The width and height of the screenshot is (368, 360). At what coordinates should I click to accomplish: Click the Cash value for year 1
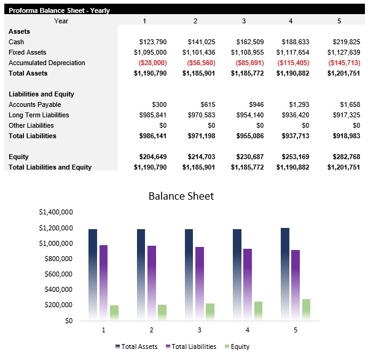click(154, 42)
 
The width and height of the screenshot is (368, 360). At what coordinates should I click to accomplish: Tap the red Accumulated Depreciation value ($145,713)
click(344, 63)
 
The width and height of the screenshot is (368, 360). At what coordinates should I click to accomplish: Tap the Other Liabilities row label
click(31, 125)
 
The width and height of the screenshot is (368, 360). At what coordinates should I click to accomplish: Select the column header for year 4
click(291, 21)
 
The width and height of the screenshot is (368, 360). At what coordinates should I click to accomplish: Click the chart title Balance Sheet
click(181, 196)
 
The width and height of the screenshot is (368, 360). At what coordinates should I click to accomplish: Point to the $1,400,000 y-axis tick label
click(56, 212)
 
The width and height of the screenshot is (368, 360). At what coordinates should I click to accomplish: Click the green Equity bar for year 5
click(307, 309)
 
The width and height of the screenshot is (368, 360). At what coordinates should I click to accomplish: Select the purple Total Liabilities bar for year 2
click(151, 283)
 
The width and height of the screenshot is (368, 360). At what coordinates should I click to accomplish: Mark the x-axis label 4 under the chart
click(248, 330)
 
